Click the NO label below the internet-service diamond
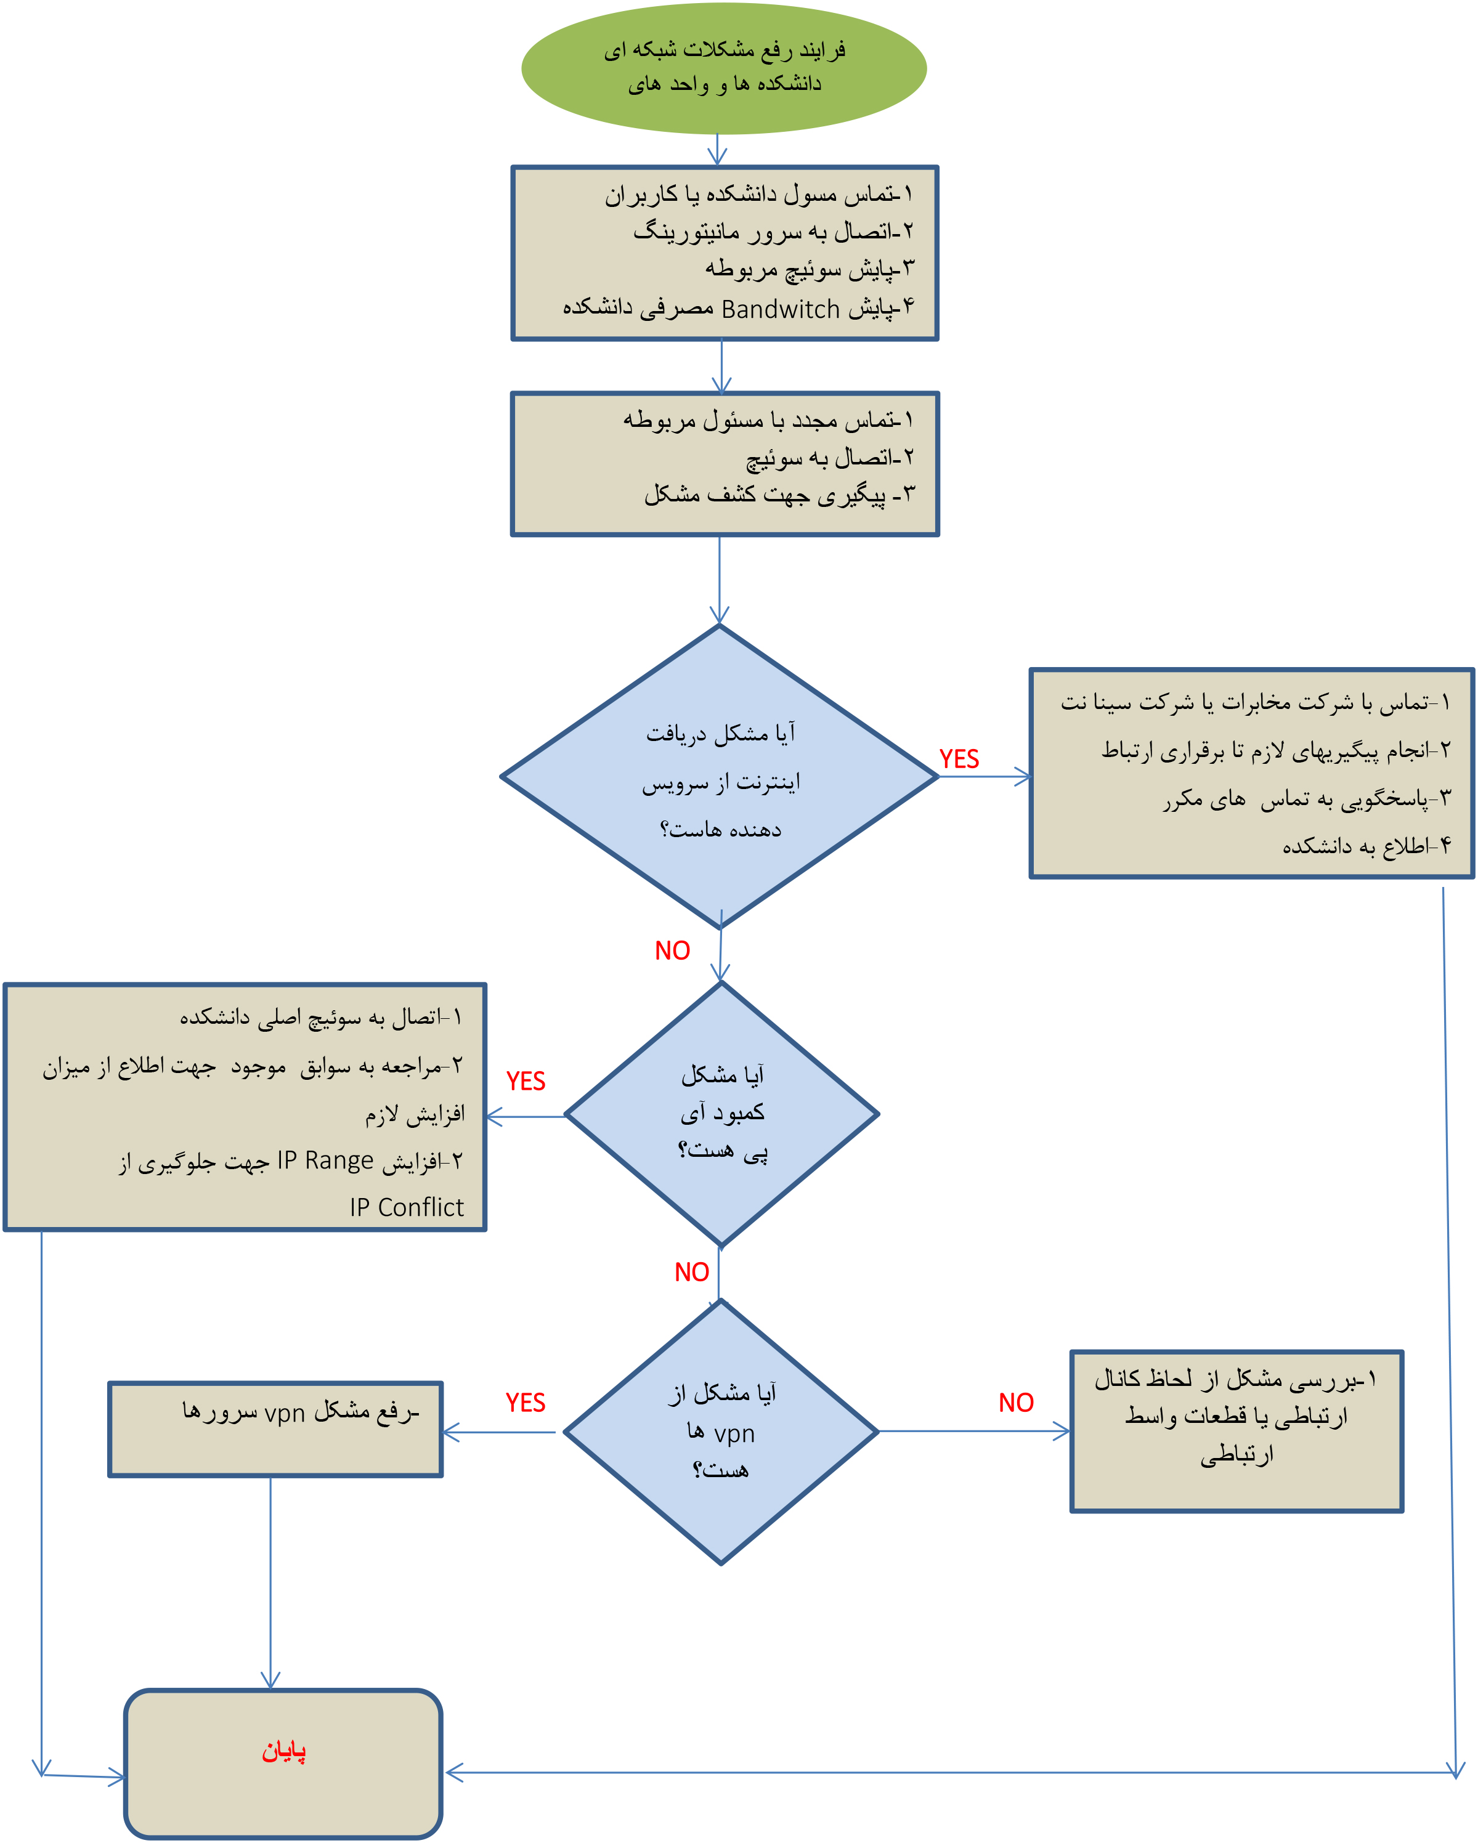click(672, 950)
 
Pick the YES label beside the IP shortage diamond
click(525, 1082)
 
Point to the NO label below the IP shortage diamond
click(691, 1273)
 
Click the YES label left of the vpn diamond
click(525, 1403)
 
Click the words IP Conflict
click(406, 1208)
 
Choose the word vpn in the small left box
click(285, 1414)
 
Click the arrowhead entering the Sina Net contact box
click(1023, 777)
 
